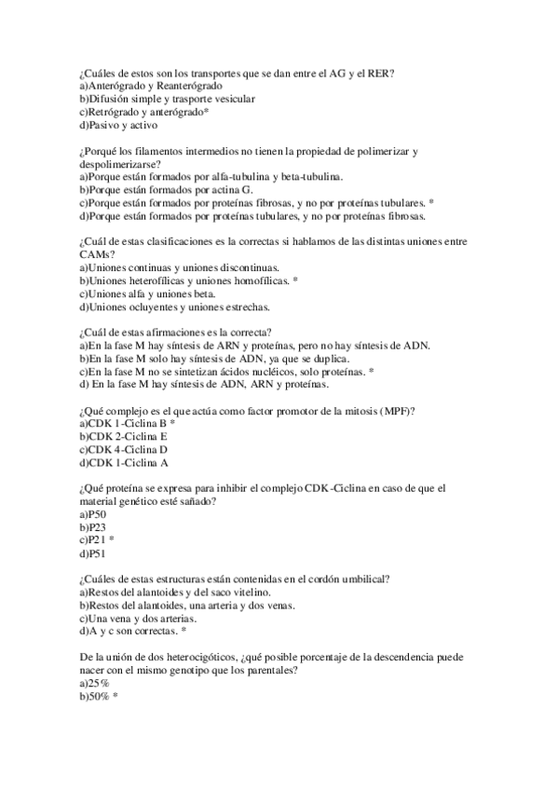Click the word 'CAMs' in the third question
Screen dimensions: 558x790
tap(96, 253)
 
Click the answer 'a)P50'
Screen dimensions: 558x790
tap(92, 514)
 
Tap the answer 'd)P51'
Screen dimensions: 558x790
tap(92, 552)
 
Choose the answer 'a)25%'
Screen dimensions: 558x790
tap(94, 683)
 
